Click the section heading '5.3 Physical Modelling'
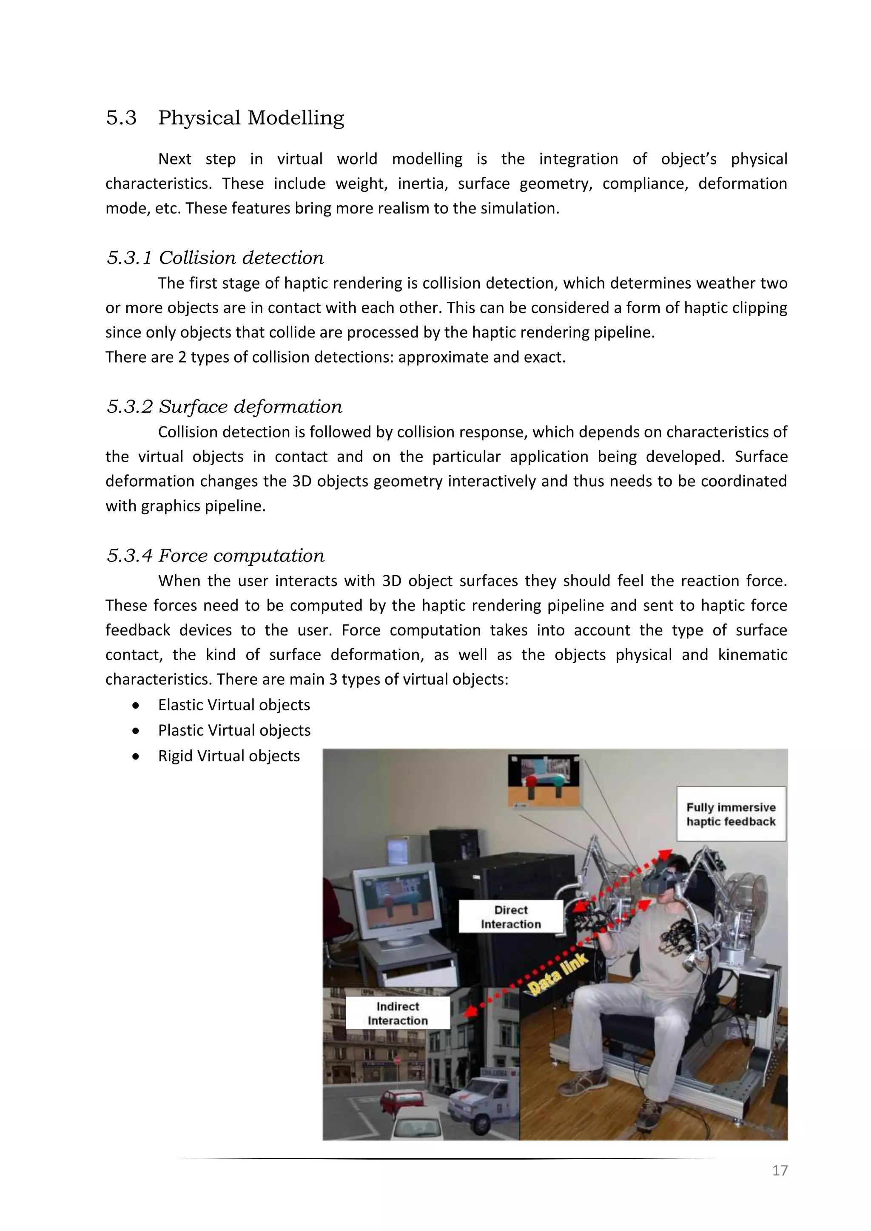pos(225,117)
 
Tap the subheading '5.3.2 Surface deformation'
pos(224,406)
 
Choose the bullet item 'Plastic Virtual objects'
pos(234,730)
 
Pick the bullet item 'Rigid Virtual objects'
pos(228,756)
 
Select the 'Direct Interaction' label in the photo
pos(511,917)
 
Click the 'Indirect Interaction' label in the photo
pos(397,1013)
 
